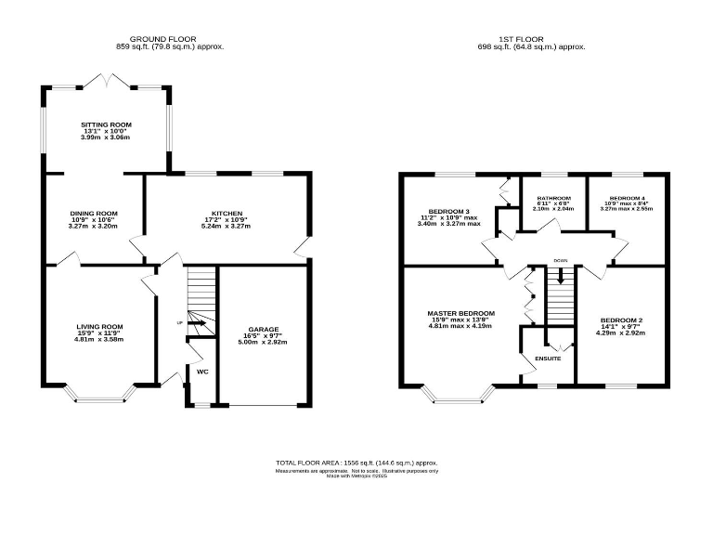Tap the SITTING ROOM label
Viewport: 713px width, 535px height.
pyautogui.click(x=106, y=124)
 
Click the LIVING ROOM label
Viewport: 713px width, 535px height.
pyautogui.click(x=99, y=326)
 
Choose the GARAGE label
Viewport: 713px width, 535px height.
pyautogui.click(x=264, y=330)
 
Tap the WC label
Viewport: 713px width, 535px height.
pyautogui.click(x=201, y=372)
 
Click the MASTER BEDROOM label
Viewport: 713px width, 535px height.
pyautogui.click(x=460, y=313)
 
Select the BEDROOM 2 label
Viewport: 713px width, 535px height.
pyautogui.click(x=622, y=320)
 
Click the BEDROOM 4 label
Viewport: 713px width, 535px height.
pyautogui.click(x=627, y=199)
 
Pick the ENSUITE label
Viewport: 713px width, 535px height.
pyautogui.click(x=548, y=359)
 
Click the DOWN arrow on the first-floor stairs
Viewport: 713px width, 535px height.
pyautogui.click(x=560, y=276)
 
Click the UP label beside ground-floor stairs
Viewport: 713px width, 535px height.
pyautogui.click(x=180, y=323)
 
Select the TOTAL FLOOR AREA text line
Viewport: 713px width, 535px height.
pyautogui.click(x=356, y=462)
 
